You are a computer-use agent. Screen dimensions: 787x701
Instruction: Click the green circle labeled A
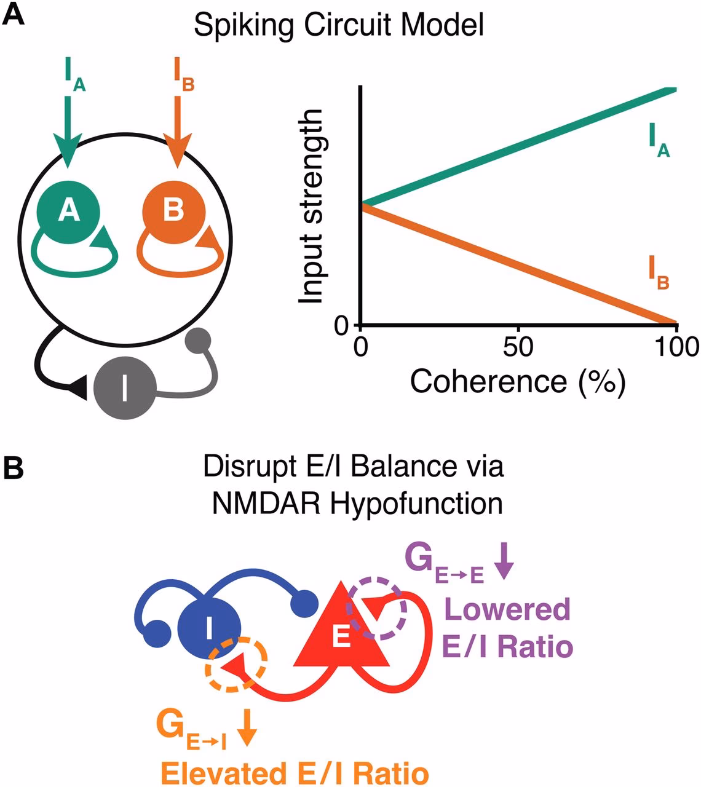tap(68, 210)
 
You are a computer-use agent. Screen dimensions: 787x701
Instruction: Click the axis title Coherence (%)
tap(518, 381)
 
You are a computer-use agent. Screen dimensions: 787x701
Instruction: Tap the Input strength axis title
tap(312, 207)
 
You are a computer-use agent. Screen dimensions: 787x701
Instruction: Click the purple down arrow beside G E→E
tap(504, 563)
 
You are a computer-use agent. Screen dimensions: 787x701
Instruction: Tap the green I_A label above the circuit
tap(74, 75)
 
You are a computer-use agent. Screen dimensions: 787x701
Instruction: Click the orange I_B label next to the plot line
tap(658, 273)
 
